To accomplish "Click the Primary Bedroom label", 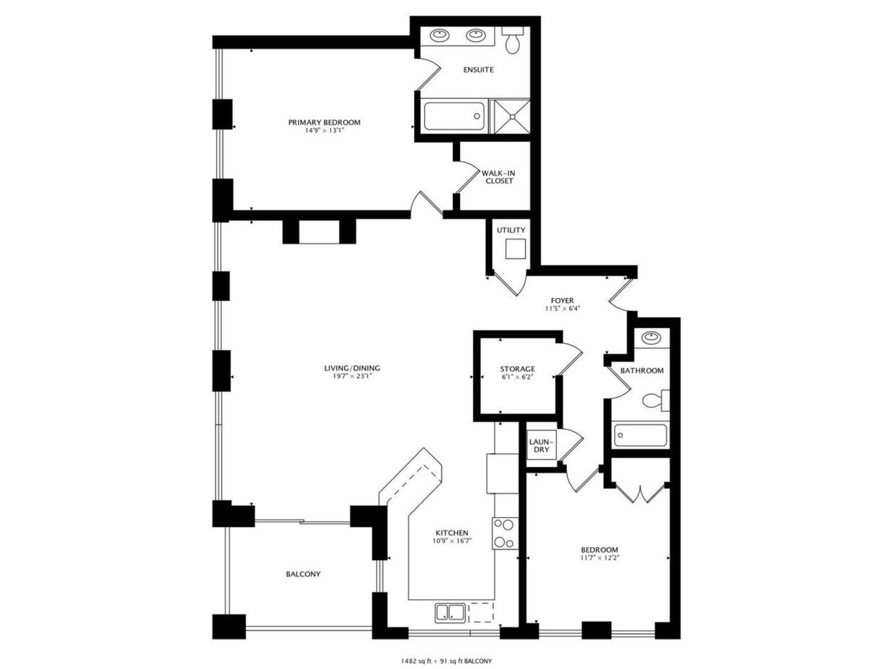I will pos(323,123).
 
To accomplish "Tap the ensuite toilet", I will pos(512,42).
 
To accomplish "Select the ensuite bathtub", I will pos(454,116).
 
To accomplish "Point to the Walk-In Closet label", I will pos(499,177).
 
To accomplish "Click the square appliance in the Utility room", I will pos(515,249).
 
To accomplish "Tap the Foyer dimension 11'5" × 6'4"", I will pos(562,308).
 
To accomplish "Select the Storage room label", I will pos(517,369).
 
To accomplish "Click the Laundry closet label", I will pos(541,445).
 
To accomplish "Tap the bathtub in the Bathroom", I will pos(640,435).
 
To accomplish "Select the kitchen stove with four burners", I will pos(505,533).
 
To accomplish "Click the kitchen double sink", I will pos(451,613).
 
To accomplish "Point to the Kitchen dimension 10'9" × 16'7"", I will pos(452,541).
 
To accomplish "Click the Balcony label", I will pos(303,574).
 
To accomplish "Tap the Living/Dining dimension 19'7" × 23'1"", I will pos(351,376).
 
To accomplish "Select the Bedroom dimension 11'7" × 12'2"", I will pos(599,557).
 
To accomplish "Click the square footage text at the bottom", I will pos(446,661).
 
